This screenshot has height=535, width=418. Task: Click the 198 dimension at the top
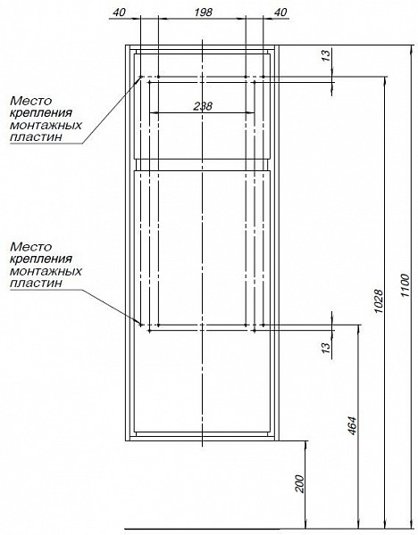tap(203, 12)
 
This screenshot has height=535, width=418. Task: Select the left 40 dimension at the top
tap(120, 12)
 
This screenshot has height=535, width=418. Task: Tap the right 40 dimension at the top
tap(280, 12)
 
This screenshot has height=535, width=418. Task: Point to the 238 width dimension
tap(203, 106)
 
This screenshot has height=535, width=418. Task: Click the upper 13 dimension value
tap(326, 55)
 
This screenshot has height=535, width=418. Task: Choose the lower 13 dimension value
tap(326, 347)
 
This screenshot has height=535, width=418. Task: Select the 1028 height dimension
tap(378, 302)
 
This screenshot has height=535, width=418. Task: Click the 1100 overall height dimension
tap(405, 285)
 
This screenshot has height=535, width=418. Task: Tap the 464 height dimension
tap(352, 425)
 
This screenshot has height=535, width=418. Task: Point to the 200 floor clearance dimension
tap(299, 483)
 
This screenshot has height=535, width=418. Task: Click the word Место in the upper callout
tap(31, 101)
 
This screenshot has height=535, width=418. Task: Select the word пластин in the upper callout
tap(37, 137)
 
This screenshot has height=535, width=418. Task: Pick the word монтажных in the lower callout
tap(46, 271)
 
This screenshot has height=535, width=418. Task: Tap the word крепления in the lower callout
tap(41, 259)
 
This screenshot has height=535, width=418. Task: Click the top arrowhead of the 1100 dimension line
tap(411, 49)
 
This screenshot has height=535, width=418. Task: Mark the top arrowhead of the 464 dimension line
tap(358, 328)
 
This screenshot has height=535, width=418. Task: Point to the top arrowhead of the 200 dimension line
tap(305, 445)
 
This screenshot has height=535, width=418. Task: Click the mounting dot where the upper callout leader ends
tap(141, 77)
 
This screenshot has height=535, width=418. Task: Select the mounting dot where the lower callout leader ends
tap(141, 325)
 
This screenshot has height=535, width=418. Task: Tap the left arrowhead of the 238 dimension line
tap(154, 112)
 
